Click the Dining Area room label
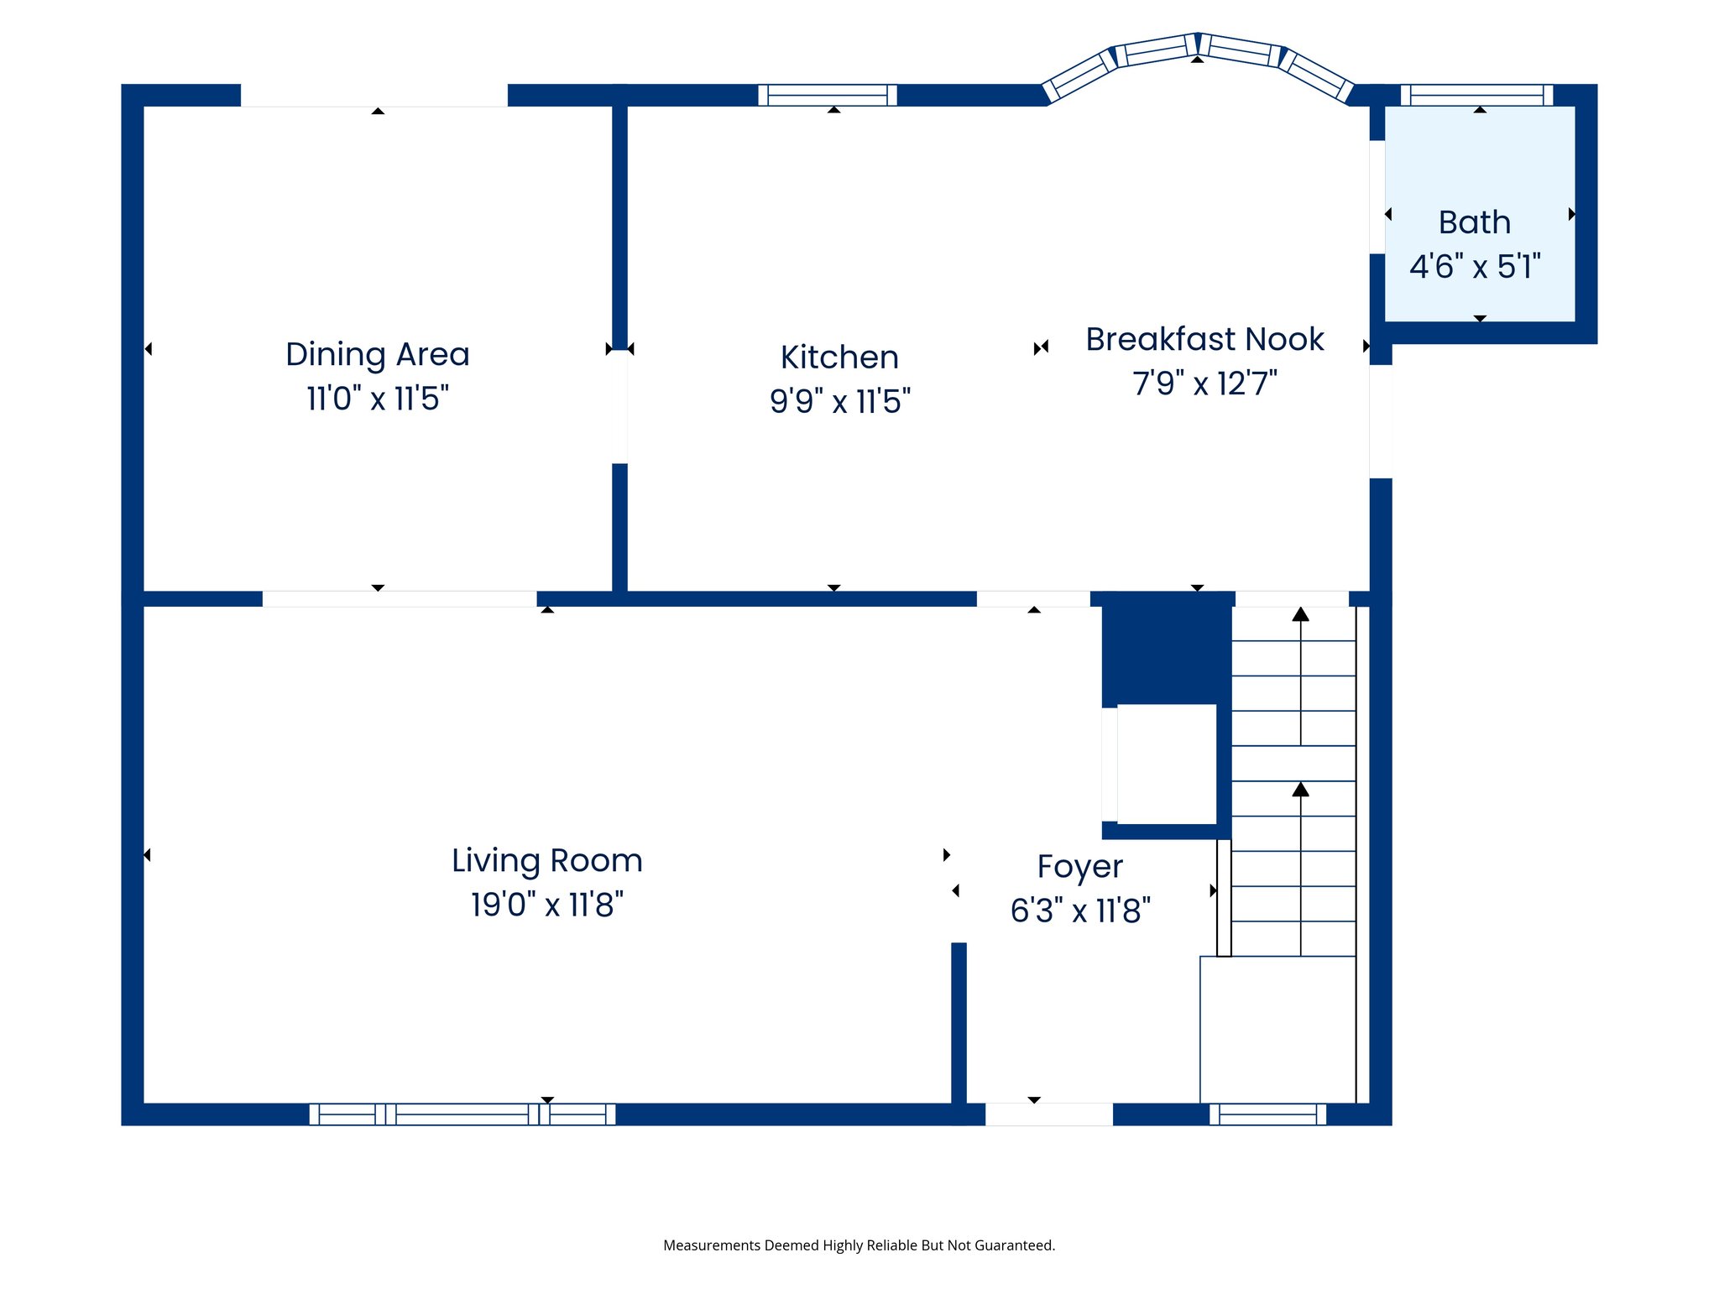377,354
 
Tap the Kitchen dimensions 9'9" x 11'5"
839,401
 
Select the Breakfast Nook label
1204,339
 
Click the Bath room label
1475,222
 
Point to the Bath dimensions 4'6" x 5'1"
1475,267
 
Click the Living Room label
546,860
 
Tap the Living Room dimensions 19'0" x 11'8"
546,905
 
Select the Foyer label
1079,866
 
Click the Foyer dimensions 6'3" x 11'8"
1079,911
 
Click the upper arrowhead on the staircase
1300,614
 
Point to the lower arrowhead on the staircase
1300,790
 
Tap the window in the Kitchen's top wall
828,95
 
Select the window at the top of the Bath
1476,95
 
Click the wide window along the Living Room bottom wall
462,1114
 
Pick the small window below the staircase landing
1267,1114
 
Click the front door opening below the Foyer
1048,1114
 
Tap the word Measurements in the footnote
712,1245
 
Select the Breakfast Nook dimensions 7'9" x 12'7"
1204,384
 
